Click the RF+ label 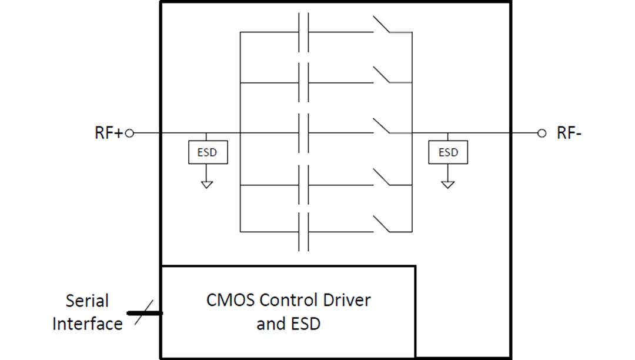pyautogui.click(x=108, y=133)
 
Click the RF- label pyautogui.click(x=569, y=133)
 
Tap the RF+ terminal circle pyautogui.click(x=130, y=133)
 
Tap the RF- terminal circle pyautogui.click(x=542, y=133)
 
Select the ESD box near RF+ pyautogui.click(x=207, y=153)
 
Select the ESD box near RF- pyautogui.click(x=448, y=153)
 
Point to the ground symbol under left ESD pyautogui.click(x=207, y=184)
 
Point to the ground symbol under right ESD pyautogui.click(x=448, y=184)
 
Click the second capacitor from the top pyautogui.click(x=303, y=83)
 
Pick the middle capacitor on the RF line pyautogui.click(x=303, y=133)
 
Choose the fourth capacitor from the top pyautogui.click(x=303, y=185)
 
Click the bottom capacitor pyautogui.click(x=303, y=231)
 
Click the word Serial pyautogui.click(x=87, y=301)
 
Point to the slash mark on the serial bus pyautogui.click(x=145, y=313)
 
